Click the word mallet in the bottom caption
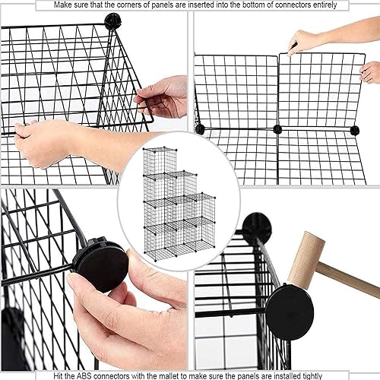[171, 375]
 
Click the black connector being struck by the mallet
[289, 312]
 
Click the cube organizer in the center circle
[177, 201]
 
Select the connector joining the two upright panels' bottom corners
[277, 129]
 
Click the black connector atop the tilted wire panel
[112, 21]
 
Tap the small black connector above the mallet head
[257, 226]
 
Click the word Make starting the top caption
[68, 5]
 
